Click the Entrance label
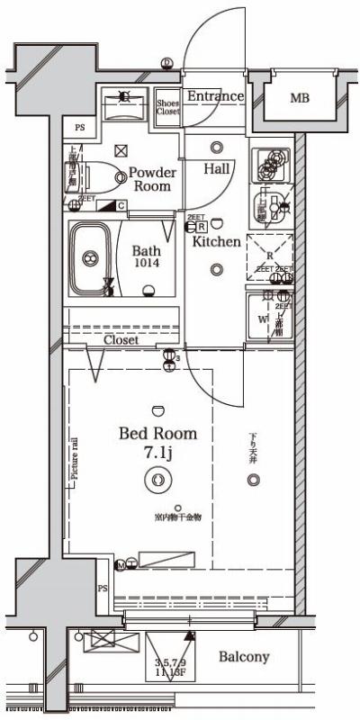point(215,96)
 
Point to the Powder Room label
point(151,178)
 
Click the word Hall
point(216,168)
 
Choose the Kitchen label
point(216,241)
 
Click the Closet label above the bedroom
point(121,341)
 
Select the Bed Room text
point(157,434)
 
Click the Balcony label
point(244,657)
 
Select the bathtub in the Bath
point(89,258)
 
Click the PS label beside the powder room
point(80,128)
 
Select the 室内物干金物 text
point(176,517)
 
